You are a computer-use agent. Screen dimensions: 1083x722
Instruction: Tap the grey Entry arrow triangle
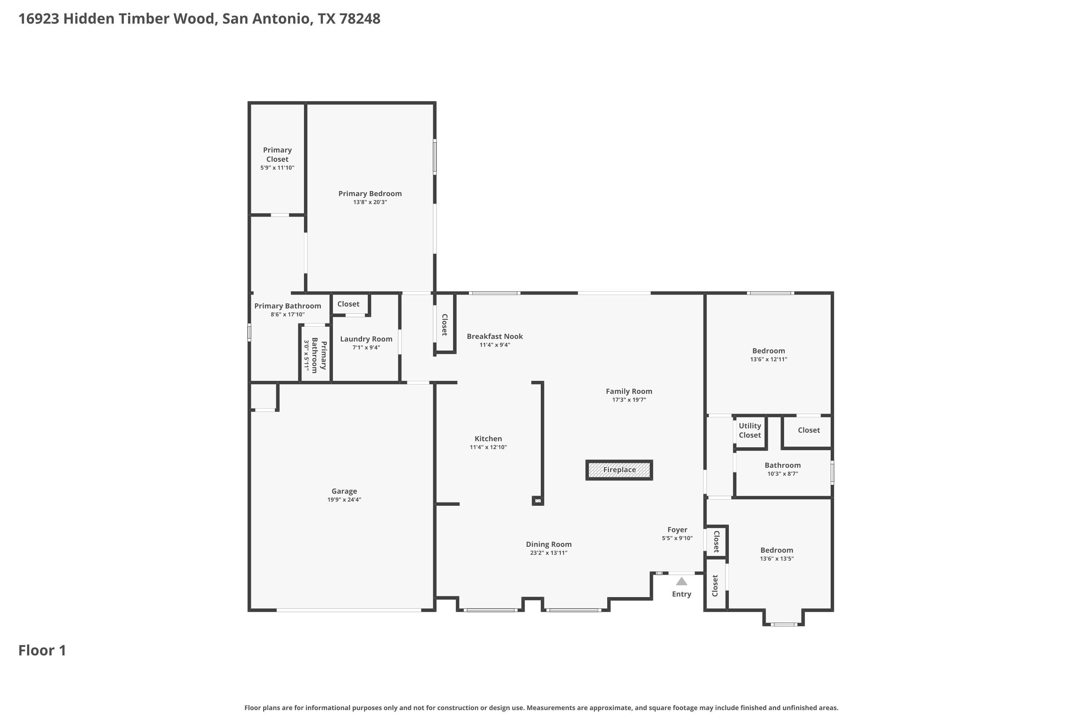click(x=682, y=581)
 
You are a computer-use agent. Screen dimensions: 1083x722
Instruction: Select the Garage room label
click(x=344, y=491)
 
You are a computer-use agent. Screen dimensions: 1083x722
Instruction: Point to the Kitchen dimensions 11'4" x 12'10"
click(x=488, y=447)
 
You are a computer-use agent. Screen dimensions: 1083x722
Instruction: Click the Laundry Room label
click(x=366, y=339)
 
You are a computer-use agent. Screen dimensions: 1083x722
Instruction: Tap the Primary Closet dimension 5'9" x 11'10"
click(x=277, y=168)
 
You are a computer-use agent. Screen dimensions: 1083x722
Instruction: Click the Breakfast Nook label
click(x=495, y=336)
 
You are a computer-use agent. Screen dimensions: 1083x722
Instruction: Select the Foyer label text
click(x=677, y=530)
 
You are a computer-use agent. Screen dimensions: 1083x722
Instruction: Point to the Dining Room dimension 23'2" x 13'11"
click(x=548, y=553)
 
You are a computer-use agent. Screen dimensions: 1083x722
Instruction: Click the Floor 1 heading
click(x=42, y=650)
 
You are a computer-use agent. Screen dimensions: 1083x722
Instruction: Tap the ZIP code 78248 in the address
click(x=360, y=18)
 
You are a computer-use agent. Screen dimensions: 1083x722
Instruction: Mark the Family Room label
click(x=629, y=391)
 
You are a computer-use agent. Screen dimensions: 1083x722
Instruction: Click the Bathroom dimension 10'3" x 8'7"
click(x=782, y=473)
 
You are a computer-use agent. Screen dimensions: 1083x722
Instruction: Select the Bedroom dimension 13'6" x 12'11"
click(x=769, y=359)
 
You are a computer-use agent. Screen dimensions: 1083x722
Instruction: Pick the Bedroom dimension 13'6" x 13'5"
click(x=777, y=558)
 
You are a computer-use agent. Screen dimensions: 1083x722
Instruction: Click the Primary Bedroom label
click(x=370, y=193)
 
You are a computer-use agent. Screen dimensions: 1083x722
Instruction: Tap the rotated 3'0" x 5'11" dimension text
click(x=306, y=356)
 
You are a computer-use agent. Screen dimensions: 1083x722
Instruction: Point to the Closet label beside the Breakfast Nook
click(x=445, y=325)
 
